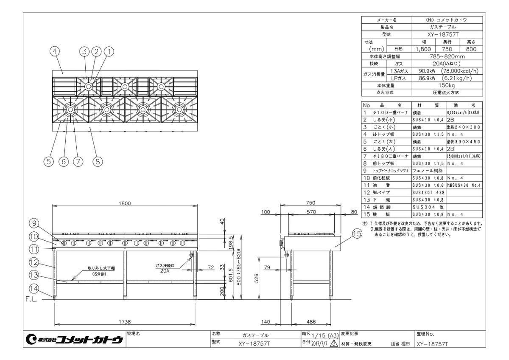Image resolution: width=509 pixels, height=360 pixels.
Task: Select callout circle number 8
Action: click(x=97, y=161)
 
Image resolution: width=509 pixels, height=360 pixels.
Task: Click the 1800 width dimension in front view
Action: click(x=124, y=203)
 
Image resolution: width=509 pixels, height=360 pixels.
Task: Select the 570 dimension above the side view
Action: click(x=312, y=212)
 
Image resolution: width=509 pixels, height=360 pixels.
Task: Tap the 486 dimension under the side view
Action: click(x=312, y=322)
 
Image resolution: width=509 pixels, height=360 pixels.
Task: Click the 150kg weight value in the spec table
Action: click(x=447, y=85)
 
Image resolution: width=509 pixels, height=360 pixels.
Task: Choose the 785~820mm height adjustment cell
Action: click(x=447, y=56)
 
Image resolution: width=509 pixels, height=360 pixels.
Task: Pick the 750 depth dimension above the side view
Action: click(x=312, y=203)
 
